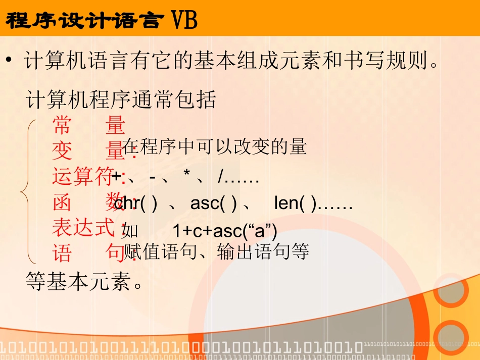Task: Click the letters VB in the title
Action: click(184, 21)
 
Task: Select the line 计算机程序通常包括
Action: click(121, 99)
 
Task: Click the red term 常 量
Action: click(88, 125)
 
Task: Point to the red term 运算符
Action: click(82, 177)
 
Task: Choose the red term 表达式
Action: click(82, 227)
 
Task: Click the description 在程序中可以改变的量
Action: click(215, 147)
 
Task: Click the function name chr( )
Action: click(136, 203)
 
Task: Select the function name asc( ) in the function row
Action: click(214, 203)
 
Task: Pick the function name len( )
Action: click(295, 203)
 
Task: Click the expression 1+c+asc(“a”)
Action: click(225, 231)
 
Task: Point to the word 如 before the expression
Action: click(130, 231)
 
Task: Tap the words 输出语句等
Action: click(263, 251)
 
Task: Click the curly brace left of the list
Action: click(26, 192)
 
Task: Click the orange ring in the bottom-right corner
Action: click(451, 337)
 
